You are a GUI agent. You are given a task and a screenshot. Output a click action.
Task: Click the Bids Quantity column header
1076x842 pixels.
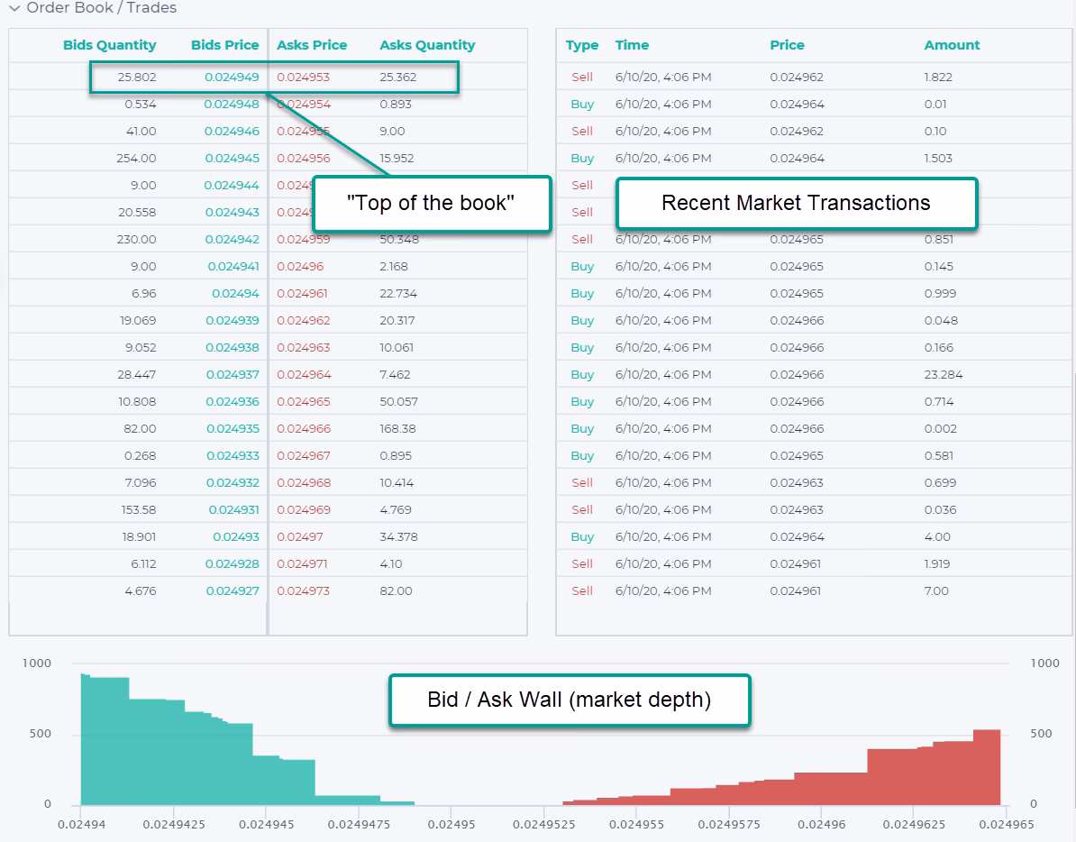coord(109,45)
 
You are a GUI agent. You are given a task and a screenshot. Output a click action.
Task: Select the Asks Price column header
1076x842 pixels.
coord(312,45)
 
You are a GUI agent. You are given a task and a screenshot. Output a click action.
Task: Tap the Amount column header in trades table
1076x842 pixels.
coord(952,45)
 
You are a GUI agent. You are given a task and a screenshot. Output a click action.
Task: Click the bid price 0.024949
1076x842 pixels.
coord(232,77)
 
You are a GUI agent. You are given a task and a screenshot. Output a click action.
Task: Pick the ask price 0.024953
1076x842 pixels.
coord(303,77)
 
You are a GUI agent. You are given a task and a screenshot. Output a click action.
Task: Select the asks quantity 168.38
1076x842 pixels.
coord(397,428)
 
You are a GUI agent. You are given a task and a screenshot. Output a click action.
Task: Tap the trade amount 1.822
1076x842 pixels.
coord(938,77)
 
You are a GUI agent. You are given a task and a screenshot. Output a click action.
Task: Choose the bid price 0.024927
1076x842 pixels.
coord(233,590)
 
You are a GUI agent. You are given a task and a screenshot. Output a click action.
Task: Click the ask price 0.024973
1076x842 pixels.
coord(303,590)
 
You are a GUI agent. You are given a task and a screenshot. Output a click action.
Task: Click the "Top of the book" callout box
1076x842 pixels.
coord(431,203)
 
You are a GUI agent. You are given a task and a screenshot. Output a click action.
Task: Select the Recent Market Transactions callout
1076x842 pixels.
coord(796,203)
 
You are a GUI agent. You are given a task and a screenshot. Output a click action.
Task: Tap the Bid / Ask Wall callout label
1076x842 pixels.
coord(569,700)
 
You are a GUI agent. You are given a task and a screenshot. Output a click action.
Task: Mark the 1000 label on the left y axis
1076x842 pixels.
coord(37,663)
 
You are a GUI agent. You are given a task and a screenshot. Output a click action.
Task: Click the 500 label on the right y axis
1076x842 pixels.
coord(1041,734)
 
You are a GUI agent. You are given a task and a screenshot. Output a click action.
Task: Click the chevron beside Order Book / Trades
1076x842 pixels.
coord(14,8)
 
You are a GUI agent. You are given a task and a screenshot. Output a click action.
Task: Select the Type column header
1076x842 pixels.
coord(582,45)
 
